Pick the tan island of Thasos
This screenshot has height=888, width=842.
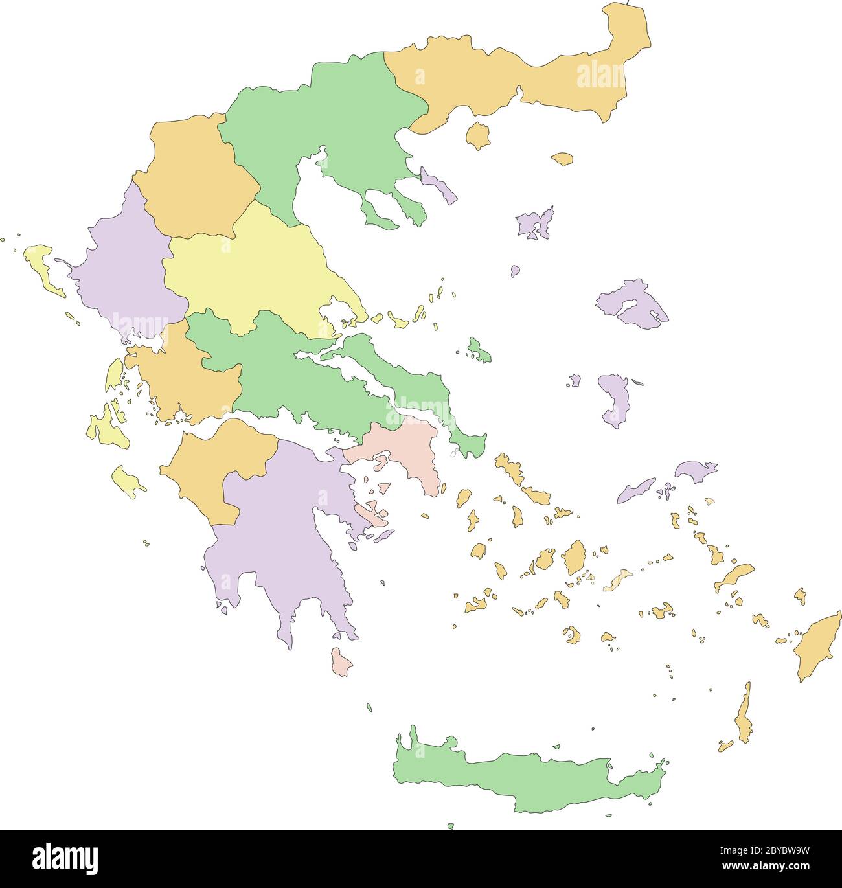[479, 136]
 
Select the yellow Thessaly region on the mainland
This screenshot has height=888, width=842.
[259, 272]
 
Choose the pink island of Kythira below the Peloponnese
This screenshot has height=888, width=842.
[341, 663]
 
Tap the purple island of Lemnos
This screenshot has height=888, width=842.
[535, 224]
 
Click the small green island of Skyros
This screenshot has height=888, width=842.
[479, 350]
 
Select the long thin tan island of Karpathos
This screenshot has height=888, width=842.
[745, 716]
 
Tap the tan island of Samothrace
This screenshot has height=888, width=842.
[562, 158]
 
